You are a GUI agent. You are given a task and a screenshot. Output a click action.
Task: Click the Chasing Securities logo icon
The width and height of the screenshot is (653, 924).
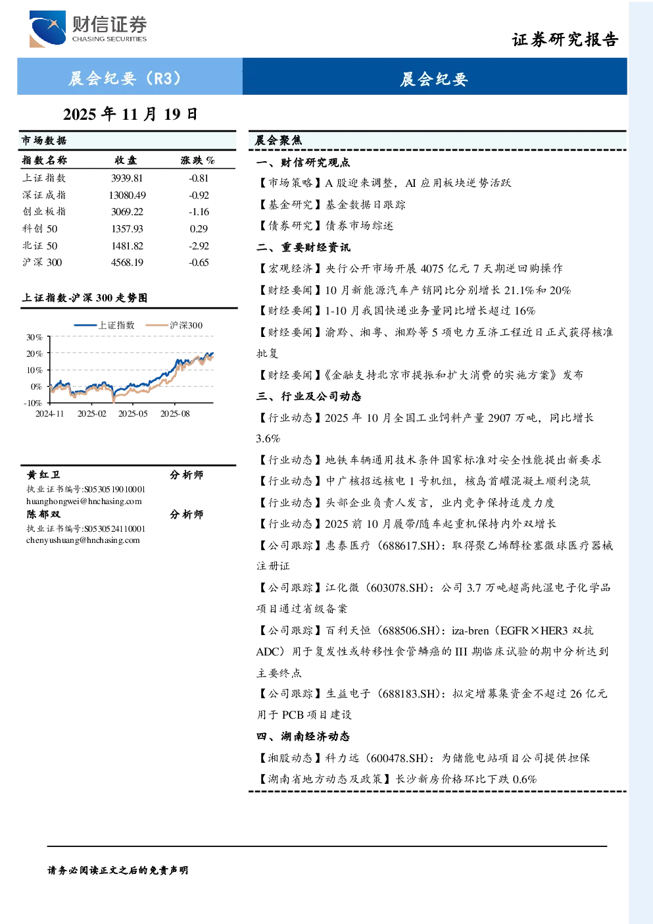coord(47,28)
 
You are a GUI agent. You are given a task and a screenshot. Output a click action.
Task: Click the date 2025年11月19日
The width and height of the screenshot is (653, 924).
coord(130,115)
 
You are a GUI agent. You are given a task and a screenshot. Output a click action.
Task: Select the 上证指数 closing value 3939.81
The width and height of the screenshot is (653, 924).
coord(127,178)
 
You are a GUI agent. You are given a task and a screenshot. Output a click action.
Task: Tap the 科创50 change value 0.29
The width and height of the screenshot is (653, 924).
coord(199,229)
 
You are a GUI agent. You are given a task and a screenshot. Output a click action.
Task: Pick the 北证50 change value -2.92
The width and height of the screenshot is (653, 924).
coord(199,246)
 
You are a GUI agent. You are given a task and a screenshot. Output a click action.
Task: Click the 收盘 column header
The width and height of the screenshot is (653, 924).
coord(126,160)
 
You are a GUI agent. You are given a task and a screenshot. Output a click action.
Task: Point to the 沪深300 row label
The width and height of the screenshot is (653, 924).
coord(42,263)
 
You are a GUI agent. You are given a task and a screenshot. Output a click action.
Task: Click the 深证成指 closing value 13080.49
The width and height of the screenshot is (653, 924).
coord(127,195)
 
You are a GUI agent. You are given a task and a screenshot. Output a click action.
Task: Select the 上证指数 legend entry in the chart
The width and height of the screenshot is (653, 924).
coord(105,325)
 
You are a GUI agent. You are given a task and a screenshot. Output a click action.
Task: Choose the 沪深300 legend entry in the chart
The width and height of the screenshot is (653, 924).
coord(174,325)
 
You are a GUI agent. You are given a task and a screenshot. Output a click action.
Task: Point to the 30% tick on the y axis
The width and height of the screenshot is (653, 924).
coord(34,338)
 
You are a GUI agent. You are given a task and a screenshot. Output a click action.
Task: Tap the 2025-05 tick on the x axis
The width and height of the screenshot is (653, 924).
coord(133,414)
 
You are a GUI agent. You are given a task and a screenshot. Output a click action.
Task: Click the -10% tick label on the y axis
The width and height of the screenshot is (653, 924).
coord(33,403)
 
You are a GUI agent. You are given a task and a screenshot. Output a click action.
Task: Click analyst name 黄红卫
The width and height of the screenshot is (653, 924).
coord(43,475)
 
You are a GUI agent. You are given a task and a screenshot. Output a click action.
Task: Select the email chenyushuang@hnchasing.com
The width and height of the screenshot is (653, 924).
coord(83,540)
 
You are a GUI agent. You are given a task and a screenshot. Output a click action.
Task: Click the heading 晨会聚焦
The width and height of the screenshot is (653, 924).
coord(278,140)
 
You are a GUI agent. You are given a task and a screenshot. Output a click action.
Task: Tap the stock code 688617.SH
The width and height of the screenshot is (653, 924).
coord(408,546)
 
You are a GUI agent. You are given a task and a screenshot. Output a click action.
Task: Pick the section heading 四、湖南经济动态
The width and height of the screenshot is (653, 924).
coord(303,736)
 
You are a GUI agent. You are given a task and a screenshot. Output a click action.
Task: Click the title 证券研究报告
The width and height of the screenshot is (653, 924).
coord(565,39)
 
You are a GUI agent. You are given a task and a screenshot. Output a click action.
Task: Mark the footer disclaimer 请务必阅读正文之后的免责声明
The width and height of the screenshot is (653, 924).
coord(118,870)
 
